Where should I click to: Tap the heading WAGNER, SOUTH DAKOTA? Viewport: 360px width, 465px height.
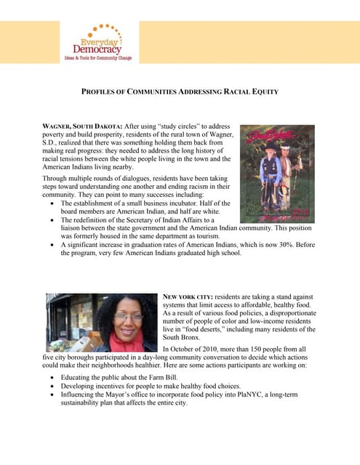coord(78,126)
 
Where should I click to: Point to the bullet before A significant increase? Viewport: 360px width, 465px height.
coord(53,246)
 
